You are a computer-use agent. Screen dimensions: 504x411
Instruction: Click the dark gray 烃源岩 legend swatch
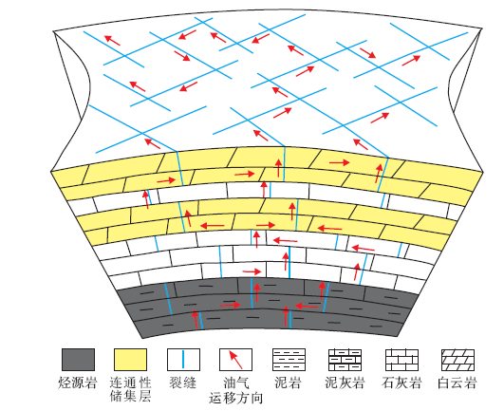click(x=78, y=360)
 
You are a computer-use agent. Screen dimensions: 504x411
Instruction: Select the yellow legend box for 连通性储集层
click(x=130, y=360)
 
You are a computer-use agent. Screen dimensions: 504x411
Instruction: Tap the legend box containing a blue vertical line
click(x=183, y=360)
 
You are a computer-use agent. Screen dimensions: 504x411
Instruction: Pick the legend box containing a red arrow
click(x=235, y=360)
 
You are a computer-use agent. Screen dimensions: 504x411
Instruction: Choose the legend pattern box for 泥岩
click(x=289, y=360)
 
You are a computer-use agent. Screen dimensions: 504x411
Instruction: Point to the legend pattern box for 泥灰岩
click(x=345, y=360)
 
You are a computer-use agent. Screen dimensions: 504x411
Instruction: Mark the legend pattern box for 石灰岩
click(x=401, y=360)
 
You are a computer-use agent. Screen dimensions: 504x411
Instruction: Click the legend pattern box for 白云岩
click(x=457, y=360)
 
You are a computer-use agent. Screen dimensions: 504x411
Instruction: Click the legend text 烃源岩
click(x=78, y=383)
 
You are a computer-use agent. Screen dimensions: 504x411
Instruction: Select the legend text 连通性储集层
click(x=130, y=389)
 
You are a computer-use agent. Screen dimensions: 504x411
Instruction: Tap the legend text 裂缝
click(x=182, y=383)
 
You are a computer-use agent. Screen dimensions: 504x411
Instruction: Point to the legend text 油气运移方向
click(x=236, y=390)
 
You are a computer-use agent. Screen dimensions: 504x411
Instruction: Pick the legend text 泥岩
click(x=288, y=383)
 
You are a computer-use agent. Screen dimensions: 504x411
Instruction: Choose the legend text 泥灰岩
click(x=345, y=383)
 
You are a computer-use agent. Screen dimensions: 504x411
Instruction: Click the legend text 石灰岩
click(x=401, y=383)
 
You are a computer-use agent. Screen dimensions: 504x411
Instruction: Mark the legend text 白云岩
click(x=457, y=383)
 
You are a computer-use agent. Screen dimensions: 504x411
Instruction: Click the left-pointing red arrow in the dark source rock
click(x=307, y=307)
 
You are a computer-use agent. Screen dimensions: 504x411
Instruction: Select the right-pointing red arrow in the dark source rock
click(x=230, y=305)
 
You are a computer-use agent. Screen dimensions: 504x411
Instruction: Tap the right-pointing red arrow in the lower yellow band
click(x=266, y=225)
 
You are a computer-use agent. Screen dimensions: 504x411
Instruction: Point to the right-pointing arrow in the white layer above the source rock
click(x=252, y=271)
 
